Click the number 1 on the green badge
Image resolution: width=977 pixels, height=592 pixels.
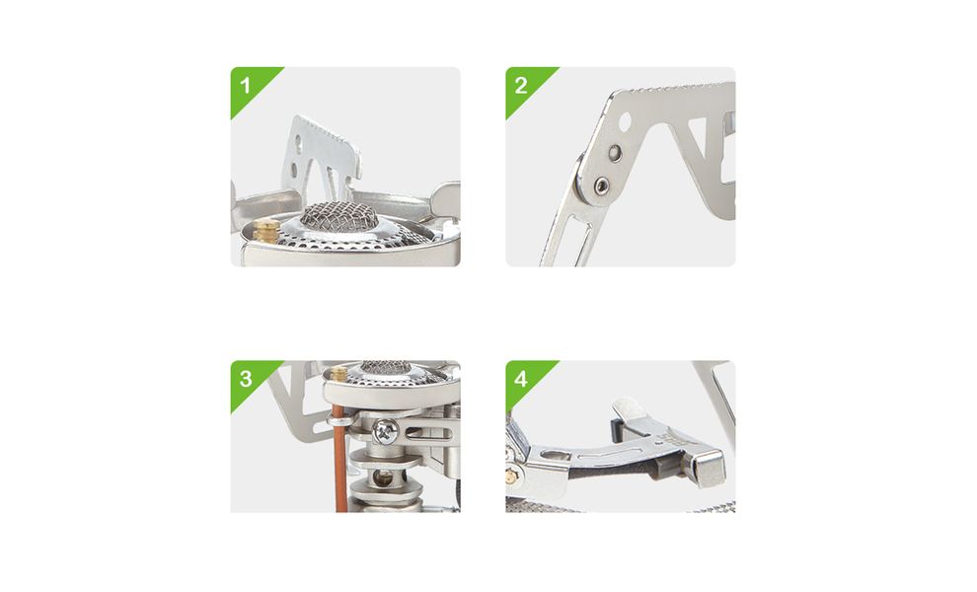(x=245, y=86)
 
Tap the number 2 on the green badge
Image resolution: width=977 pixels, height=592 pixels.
(x=521, y=86)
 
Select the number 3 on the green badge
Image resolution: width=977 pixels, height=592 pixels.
(x=246, y=378)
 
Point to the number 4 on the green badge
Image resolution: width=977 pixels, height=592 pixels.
(x=521, y=378)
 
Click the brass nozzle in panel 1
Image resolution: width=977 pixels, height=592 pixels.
(x=266, y=231)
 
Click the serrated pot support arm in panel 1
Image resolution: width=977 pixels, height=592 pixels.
(x=320, y=156)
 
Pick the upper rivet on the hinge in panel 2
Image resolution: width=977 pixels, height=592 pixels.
(x=615, y=151)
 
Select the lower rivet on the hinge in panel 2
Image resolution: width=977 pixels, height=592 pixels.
(x=601, y=185)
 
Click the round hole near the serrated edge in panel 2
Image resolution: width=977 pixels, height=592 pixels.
(x=625, y=121)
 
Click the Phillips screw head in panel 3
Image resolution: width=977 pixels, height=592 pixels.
(x=386, y=429)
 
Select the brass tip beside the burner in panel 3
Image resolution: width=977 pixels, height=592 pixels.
(x=338, y=373)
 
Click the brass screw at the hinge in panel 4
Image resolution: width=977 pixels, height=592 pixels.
(x=512, y=476)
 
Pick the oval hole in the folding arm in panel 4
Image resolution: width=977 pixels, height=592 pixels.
(x=552, y=453)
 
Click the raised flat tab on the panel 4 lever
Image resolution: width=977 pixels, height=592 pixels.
(x=630, y=410)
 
